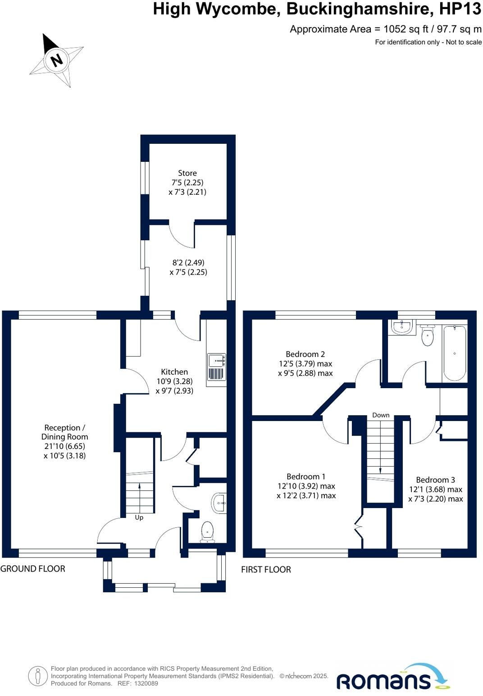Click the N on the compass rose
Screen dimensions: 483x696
(x=56, y=60)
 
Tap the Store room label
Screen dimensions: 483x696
(x=187, y=173)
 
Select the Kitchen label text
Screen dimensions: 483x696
(x=174, y=371)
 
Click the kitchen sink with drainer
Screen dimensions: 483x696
(x=217, y=367)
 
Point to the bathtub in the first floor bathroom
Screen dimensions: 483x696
(x=455, y=353)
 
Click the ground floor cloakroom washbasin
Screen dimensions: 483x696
(x=219, y=503)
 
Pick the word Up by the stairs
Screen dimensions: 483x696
(x=139, y=517)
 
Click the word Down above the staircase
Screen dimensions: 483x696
(x=381, y=415)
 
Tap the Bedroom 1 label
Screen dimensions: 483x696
(x=306, y=476)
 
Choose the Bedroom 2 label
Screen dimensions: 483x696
(x=305, y=354)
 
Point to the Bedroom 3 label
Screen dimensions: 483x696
(x=436, y=480)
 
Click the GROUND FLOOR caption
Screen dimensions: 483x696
(x=32, y=569)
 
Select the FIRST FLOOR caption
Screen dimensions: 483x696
(x=266, y=569)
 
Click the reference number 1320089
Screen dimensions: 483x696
(x=146, y=683)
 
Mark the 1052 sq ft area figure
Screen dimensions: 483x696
(x=406, y=29)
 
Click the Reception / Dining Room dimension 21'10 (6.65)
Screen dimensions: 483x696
(x=64, y=446)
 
